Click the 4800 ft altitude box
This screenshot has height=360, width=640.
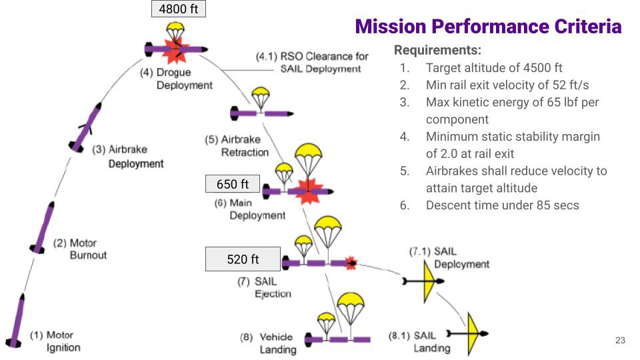tap(179, 9)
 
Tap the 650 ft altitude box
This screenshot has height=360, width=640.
tap(232, 184)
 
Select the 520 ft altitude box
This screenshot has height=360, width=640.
tap(243, 259)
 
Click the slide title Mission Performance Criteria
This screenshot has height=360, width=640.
tap(488, 27)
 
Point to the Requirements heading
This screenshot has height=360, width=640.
tap(437, 50)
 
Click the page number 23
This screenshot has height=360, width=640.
tap(620, 340)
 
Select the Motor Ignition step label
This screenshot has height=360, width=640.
tap(55, 341)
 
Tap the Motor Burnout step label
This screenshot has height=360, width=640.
tap(80, 249)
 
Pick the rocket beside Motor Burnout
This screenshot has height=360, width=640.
tap(42, 227)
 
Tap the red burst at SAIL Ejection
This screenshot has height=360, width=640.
tap(351, 263)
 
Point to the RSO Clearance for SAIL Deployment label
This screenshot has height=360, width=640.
tap(312, 62)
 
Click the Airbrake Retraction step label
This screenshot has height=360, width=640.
tap(237, 146)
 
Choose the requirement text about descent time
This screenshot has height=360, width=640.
tap(502, 205)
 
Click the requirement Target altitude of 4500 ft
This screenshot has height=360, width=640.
tap(494, 68)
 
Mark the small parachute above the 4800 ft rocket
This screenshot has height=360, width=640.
tap(175, 32)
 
